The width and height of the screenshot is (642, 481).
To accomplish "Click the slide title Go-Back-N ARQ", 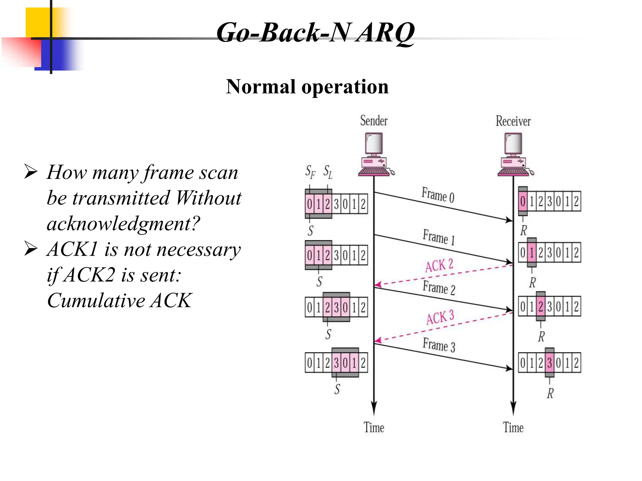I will [315, 33].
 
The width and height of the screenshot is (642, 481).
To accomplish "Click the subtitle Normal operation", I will [307, 87].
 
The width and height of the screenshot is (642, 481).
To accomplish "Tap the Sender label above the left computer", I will [374, 121].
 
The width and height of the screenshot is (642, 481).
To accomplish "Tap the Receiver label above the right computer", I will [513, 121].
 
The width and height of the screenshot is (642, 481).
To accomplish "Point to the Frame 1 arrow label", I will [438, 237].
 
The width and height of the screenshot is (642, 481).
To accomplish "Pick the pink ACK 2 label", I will [439, 266].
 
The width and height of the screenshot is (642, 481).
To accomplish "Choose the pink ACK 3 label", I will [440, 318].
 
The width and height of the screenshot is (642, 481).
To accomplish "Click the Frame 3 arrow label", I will [439, 345].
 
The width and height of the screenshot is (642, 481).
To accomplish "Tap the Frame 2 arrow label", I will [439, 288].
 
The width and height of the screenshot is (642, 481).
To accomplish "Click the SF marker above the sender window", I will [310, 172].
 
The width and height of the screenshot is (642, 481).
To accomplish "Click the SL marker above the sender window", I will [328, 172].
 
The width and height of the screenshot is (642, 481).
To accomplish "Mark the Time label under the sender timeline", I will [374, 427].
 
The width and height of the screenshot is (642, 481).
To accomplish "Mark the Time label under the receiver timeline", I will [513, 427].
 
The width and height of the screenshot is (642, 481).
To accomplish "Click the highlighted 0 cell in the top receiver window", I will [523, 201].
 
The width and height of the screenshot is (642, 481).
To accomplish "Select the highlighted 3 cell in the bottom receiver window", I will [549, 363].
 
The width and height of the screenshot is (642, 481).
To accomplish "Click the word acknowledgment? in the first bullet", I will [123, 224].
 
